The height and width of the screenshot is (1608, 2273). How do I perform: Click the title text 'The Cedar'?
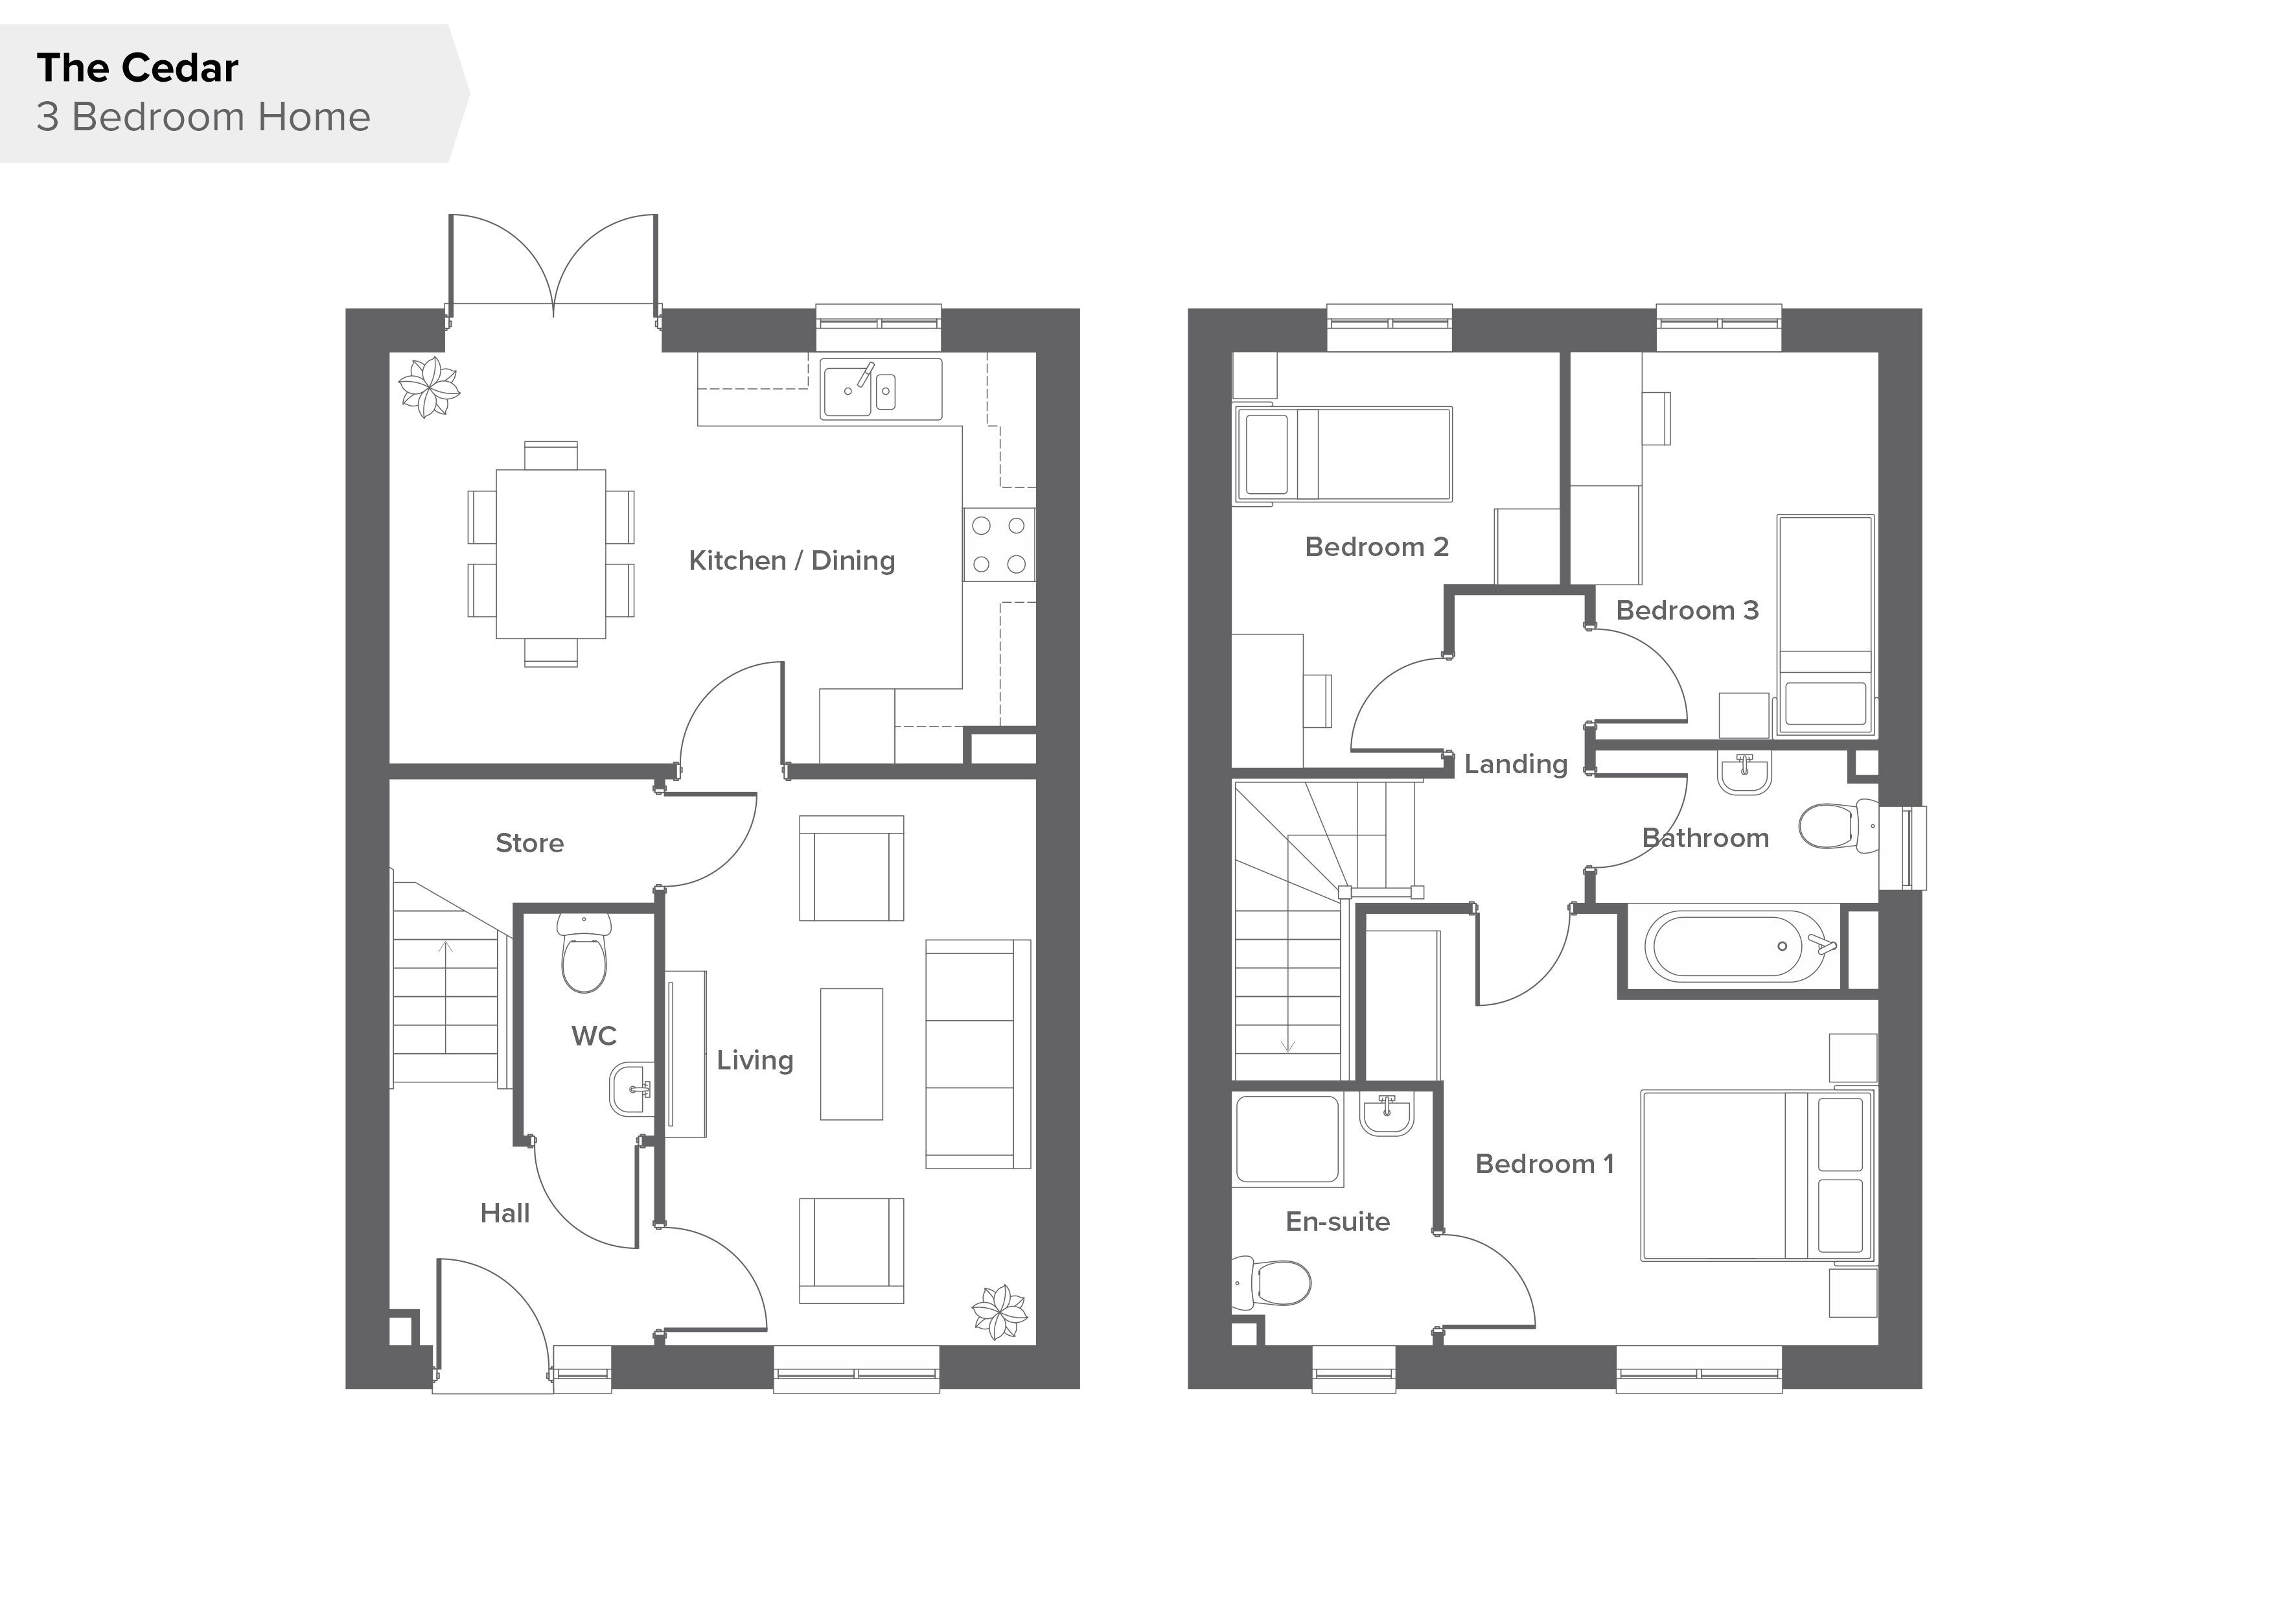tap(137, 68)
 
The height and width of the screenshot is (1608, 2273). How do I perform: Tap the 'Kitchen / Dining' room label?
tap(792, 561)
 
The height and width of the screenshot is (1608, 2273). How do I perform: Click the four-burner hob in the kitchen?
tap(999, 544)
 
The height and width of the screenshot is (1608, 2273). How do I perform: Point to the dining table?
tap(550, 553)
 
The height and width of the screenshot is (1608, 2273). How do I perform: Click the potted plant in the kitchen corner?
tap(429, 387)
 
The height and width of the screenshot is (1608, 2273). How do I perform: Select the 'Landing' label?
tap(1516, 764)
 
